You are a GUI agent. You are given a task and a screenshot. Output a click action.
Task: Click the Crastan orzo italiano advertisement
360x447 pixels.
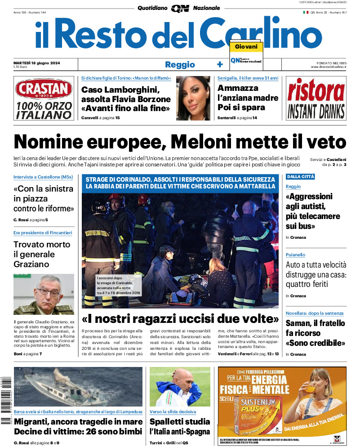[44, 98]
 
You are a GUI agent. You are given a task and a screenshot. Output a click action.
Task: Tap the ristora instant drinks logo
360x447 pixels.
[316, 98]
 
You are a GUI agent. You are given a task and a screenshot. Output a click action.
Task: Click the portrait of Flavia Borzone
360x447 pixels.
[193, 98]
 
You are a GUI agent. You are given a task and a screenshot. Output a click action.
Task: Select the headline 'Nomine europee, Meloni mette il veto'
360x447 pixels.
[180, 142]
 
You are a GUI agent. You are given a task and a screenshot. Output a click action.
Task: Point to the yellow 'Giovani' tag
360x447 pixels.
[246, 47]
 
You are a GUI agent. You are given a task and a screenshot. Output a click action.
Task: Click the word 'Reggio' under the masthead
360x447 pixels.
[180, 64]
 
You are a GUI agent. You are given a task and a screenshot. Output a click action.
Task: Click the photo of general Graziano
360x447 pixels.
[44, 294]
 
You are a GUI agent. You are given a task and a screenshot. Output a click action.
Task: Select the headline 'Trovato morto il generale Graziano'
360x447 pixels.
[42, 254]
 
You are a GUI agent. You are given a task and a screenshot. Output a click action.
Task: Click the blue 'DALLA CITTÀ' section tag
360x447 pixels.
[300, 177]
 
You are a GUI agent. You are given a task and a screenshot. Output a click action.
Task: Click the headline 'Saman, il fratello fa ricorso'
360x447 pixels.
[316, 333]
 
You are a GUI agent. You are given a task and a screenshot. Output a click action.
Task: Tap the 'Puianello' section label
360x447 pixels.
[295, 255]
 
